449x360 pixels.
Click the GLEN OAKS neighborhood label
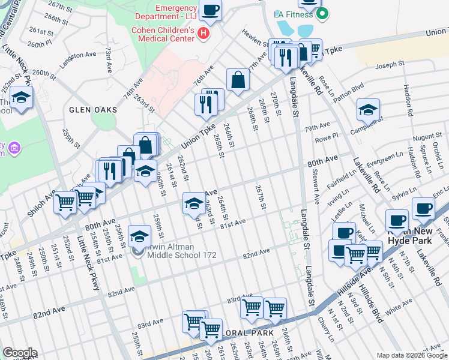(x=92, y=110)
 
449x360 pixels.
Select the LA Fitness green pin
(x=322, y=13)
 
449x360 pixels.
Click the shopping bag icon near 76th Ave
(x=238, y=80)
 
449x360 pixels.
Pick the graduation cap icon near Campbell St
(x=368, y=110)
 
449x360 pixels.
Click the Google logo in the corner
(x=20, y=353)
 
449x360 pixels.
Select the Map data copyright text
(x=411, y=355)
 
